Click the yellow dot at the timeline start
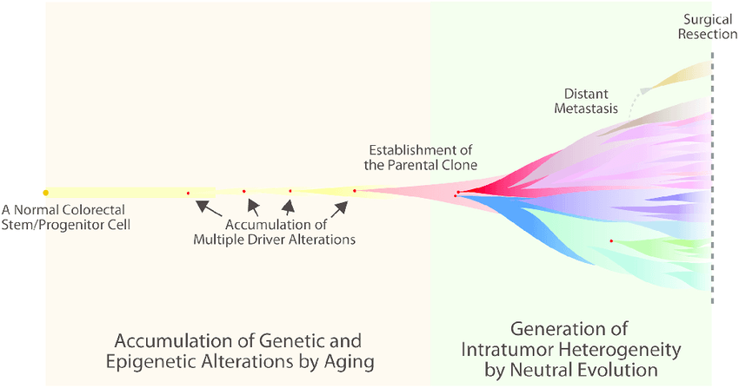point(46,193)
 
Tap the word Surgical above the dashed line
point(708,20)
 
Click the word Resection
point(708,34)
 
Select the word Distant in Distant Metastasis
point(586,94)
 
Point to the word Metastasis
point(586,109)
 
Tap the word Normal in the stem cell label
point(36,210)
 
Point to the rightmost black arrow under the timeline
point(340,209)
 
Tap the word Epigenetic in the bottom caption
point(150,362)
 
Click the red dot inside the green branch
point(611,241)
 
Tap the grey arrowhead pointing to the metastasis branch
point(645,89)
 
